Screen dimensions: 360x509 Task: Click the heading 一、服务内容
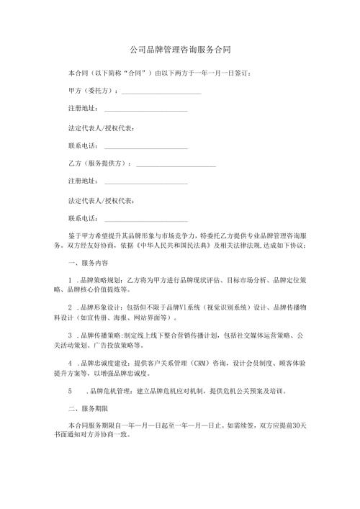84,263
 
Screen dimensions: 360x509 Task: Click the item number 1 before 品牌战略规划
70,280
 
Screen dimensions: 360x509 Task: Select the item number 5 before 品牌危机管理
70,391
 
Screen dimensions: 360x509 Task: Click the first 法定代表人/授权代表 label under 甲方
99,128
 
